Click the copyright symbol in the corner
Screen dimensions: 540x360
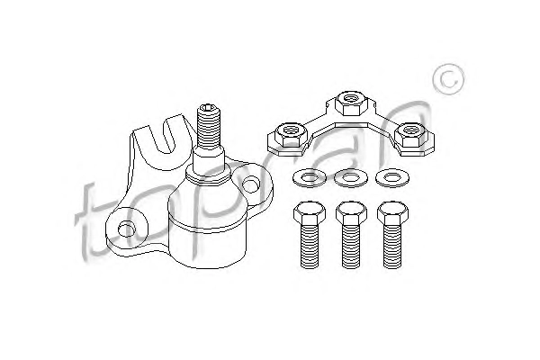pos(448,79)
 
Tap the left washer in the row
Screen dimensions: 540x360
pos(309,178)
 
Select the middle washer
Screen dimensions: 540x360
pos(351,178)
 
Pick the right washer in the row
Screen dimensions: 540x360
pos(392,178)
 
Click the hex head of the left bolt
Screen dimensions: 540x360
pos(310,212)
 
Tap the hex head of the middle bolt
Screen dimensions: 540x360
pos(351,212)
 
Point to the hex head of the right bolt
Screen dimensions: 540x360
pos(392,212)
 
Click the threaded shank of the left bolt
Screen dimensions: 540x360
pos(310,246)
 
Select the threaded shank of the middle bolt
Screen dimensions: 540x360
pos(351,246)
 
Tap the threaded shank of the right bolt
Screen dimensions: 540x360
pos(392,246)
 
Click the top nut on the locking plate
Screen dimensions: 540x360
pos(351,103)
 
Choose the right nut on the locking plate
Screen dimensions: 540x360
pos(411,135)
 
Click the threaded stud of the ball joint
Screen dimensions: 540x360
pos(208,128)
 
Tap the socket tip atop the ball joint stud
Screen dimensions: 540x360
pos(208,108)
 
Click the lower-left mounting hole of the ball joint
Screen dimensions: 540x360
pos(127,229)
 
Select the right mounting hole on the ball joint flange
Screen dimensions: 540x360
pos(250,184)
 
